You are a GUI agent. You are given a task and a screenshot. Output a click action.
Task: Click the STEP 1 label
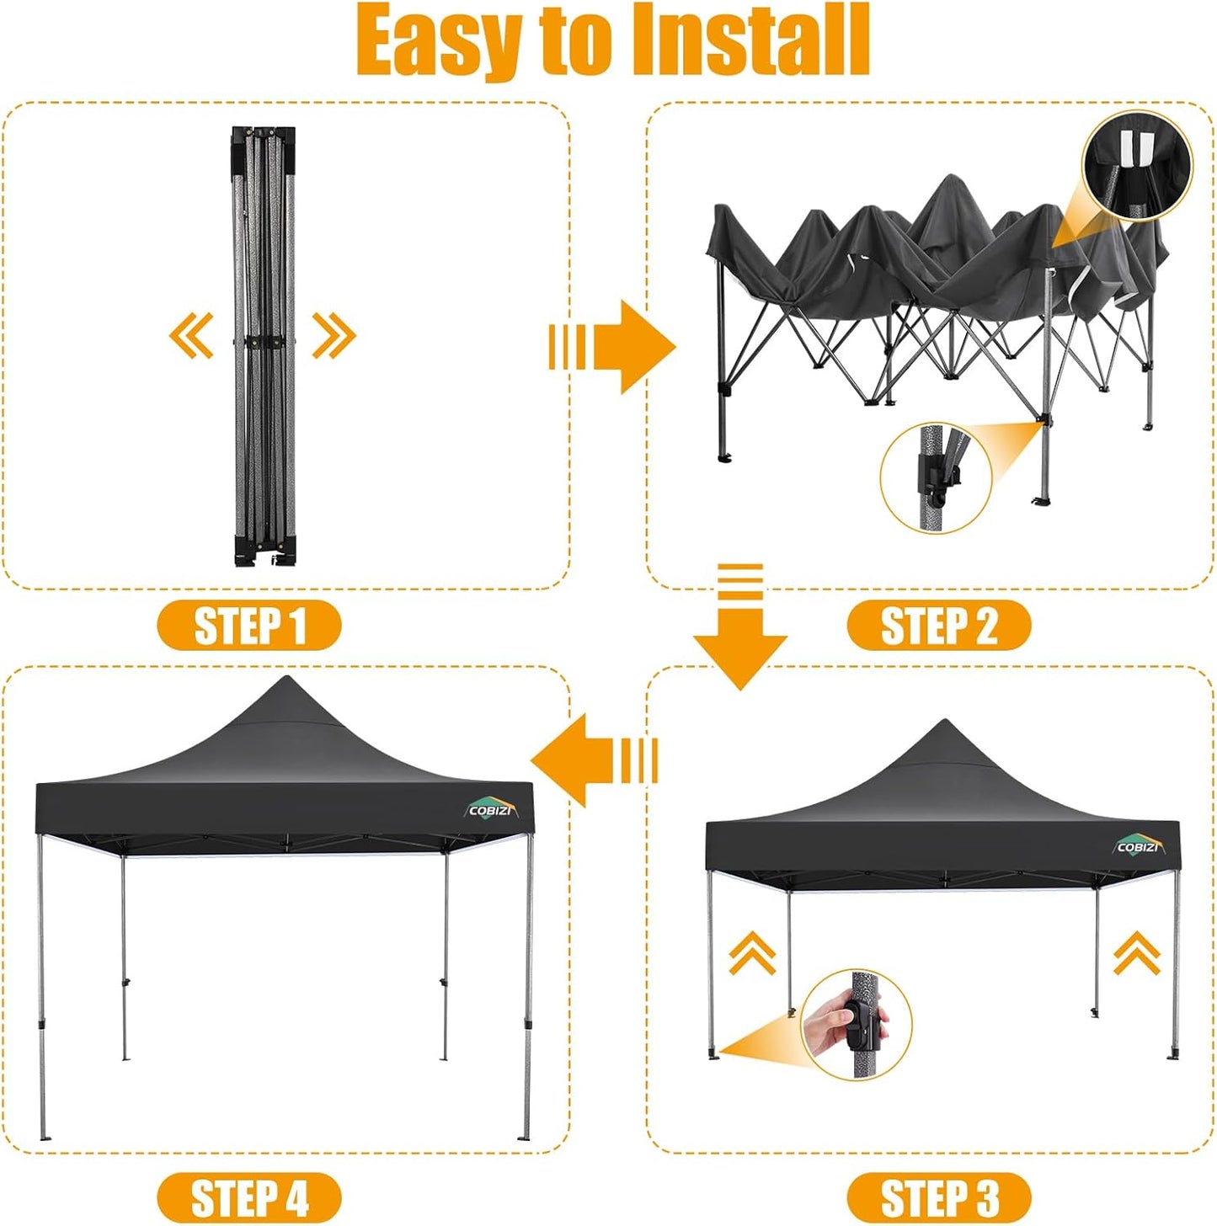[249, 626]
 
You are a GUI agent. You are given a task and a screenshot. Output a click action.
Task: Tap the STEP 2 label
[938, 626]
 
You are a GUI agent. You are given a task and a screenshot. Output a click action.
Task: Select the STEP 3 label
[938, 1197]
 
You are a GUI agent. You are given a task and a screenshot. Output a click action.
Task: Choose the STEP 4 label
[249, 1197]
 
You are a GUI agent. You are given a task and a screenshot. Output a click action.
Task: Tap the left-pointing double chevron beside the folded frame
[191, 335]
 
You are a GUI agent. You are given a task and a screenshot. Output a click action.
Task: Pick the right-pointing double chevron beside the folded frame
[334, 335]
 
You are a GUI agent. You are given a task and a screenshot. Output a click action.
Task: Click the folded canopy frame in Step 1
[264, 345]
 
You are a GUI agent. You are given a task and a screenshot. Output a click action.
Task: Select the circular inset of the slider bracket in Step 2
[936, 477]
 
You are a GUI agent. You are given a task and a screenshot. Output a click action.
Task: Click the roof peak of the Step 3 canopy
[945, 723]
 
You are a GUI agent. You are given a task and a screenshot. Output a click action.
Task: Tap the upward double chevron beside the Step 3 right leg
[1137, 953]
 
